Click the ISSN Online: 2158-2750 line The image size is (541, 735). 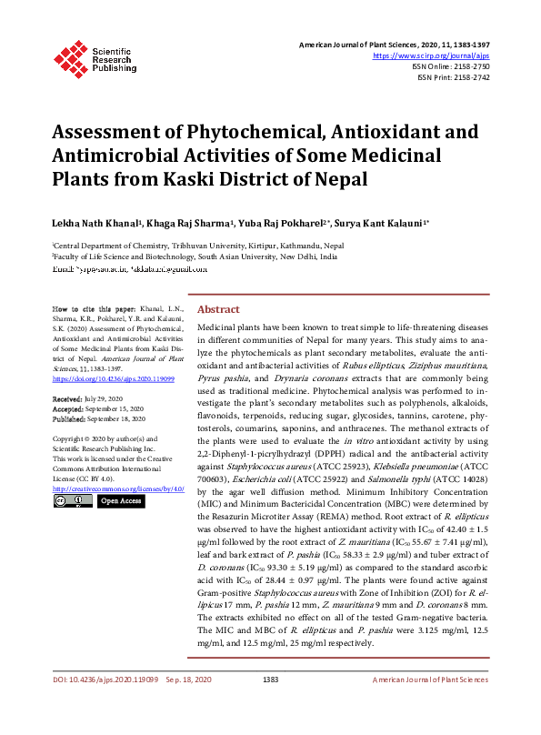click(x=451, y=66)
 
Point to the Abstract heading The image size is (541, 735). click(x=218, y=309)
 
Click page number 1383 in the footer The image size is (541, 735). click(x=270, y=706)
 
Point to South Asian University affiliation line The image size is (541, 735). click(x=195, y=257)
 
